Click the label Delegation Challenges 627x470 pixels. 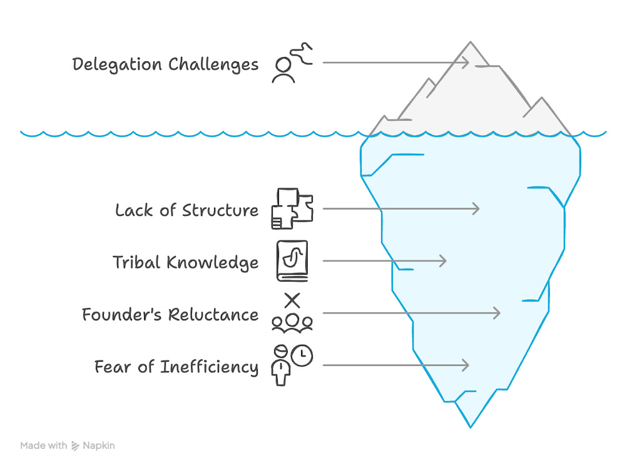click(x=165, y=64)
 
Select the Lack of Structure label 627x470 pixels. click(x=186, y=210)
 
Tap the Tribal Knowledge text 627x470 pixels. click(x=185, y=262)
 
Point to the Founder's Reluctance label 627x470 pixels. click(x=170, y=314)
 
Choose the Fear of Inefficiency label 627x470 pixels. click(x=176, y=366)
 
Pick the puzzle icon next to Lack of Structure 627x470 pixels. click(x=292, y=208)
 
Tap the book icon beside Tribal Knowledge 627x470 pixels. click(x=292, y=261)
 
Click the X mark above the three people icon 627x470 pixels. click(x=292, y=300)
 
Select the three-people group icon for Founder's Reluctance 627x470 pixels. click(x=292, y=322)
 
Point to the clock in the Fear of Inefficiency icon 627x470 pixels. click(x=302, y=355)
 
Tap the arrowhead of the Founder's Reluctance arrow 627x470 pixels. click(x=497, y=313)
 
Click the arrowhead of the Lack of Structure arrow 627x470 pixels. click(x=477, y=208)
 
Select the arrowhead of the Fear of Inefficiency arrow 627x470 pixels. click(x=466, y=365)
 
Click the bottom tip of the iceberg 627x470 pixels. click(x=470, y=427)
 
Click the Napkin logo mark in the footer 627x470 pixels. click(x=76, y=446)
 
